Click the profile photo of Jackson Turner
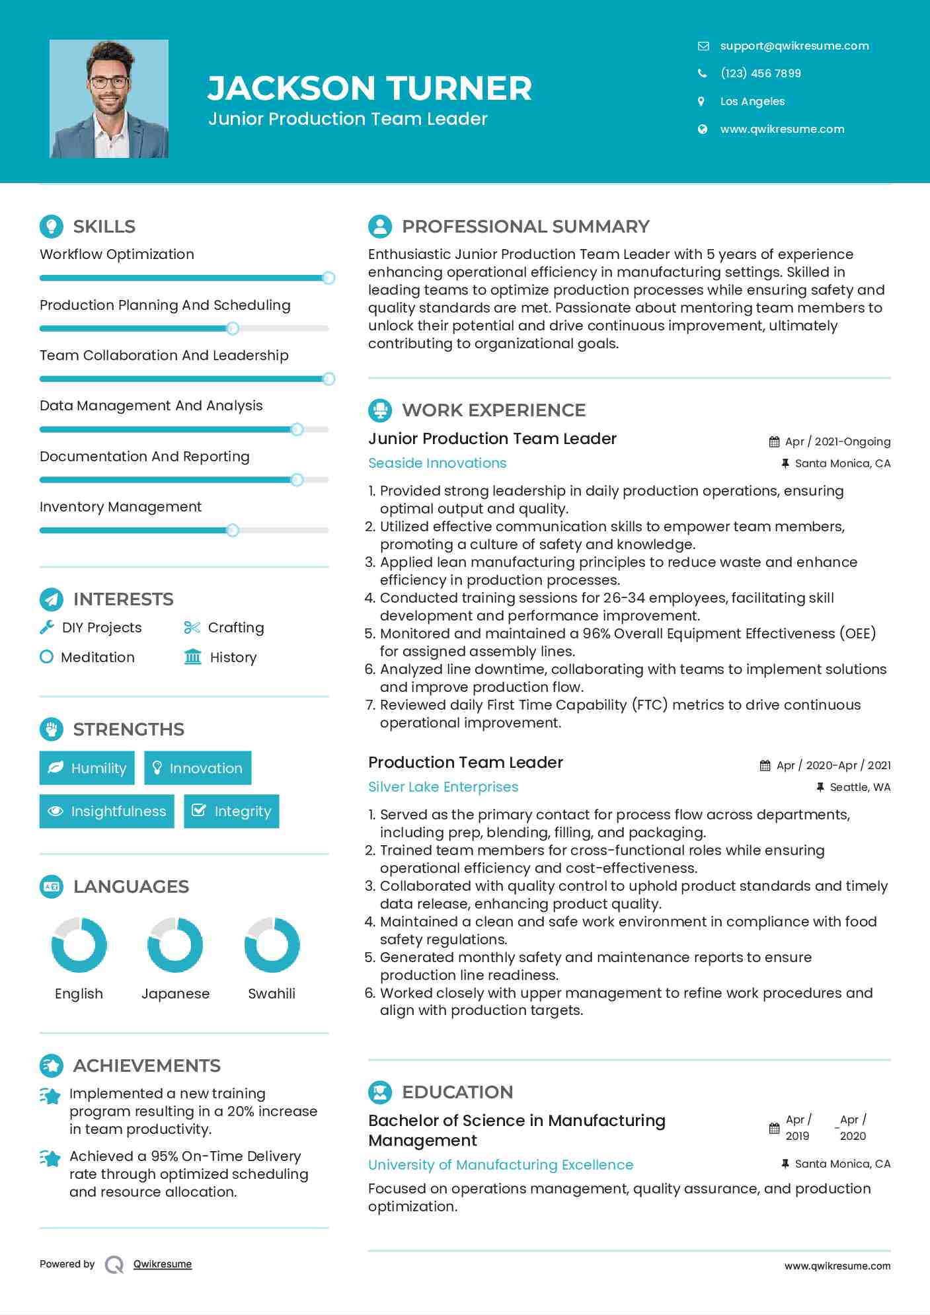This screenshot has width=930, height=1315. click(109, 99)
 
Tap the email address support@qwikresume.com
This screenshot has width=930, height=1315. click(794, 46)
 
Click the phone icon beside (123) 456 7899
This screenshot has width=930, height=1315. click(702, 73)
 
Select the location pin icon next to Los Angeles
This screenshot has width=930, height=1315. click(701, 101)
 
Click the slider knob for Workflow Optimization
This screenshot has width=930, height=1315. click(329, 278)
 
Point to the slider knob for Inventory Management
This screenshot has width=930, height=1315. click(233, 531)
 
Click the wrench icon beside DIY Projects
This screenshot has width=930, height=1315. click(47, 627)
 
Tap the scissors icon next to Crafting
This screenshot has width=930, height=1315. click(192, 627)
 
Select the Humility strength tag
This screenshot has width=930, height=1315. click(87, 768)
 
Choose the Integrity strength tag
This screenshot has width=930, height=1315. click(231, 811)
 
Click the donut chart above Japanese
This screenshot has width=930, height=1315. click(175, 945)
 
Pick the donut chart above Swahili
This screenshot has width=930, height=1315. click(272, 945)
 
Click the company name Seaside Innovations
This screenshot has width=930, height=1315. click(437, 463)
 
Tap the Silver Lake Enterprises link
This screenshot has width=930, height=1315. click(443, 787)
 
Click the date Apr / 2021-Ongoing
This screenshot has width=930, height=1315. click(837, 441)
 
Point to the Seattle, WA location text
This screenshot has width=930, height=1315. click(860, 787)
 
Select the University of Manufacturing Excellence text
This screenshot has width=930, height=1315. click(500, 1165)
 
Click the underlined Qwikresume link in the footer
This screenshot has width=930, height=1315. click(163, 1264)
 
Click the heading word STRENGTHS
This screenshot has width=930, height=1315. click(129, 730)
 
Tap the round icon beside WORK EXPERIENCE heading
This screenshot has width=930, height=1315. click(380, 410)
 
